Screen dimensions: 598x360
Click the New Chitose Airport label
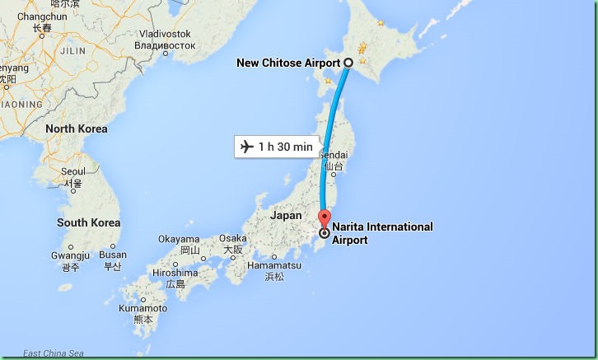(288, 63)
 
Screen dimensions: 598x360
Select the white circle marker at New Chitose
(348, 63)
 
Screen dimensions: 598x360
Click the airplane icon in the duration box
(245, 147)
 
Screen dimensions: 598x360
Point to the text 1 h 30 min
(285, 147)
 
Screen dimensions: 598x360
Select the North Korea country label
(77, 129)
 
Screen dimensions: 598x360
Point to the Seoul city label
(72, 171)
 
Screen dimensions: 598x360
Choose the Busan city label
(113, 255)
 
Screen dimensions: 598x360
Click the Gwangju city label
(71, 255)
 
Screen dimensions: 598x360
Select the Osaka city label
(232, 239)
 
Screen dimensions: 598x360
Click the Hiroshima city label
(175, 273)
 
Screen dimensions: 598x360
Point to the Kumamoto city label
(143, 308)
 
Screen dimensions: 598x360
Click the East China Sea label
(54, 353)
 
